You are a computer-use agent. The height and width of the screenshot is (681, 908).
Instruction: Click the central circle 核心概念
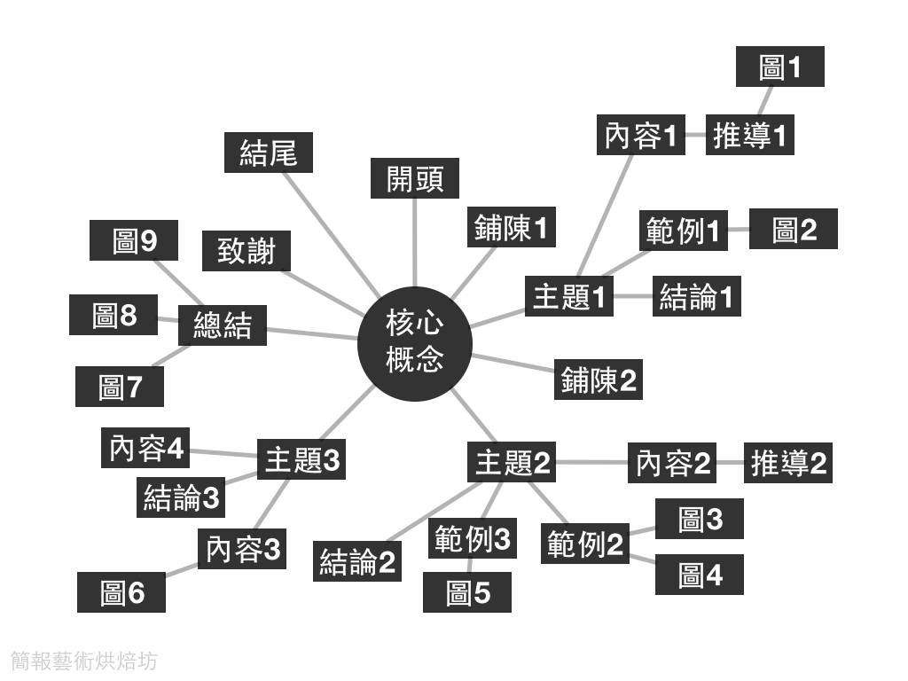414,342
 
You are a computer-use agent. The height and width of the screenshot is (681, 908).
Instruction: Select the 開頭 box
414,178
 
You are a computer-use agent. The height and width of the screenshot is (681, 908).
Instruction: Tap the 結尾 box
268,153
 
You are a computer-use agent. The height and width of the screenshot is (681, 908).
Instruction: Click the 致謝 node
246,251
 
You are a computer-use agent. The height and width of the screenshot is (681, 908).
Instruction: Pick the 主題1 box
569,296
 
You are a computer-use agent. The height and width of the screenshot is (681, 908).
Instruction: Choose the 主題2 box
512,462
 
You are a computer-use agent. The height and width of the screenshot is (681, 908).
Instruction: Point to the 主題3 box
301,460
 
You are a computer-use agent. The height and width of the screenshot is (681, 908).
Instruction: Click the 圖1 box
780,67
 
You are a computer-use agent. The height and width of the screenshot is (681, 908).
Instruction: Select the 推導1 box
749,136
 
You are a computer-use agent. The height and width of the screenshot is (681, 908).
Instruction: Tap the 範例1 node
683,231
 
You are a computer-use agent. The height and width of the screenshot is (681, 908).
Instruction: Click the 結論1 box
696,296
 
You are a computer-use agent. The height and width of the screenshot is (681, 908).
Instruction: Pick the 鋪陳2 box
598,380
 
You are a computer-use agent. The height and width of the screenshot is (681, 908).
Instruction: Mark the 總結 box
222,325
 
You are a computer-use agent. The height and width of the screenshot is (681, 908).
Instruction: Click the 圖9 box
134,240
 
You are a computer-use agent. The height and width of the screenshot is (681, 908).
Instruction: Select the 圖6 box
121,592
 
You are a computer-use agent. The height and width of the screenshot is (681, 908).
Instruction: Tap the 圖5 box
467,592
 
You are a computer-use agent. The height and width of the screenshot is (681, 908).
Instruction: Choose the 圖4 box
700,575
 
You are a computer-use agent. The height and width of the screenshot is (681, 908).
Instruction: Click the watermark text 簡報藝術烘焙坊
85,661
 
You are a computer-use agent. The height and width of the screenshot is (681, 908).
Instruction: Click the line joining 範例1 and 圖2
739,231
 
